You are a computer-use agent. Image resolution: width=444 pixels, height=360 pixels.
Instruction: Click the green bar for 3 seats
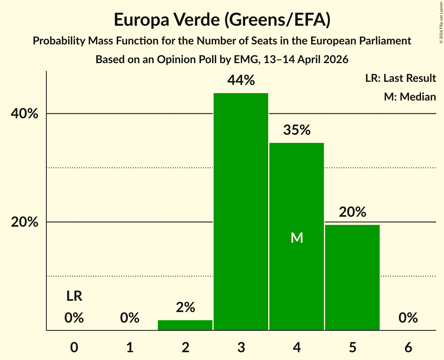[241, 212]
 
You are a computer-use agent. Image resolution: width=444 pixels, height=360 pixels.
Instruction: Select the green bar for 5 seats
[352, 277]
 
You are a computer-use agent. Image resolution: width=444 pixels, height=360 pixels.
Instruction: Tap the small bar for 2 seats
[185, 325]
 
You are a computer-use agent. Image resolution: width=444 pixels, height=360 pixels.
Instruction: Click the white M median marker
[297, 238]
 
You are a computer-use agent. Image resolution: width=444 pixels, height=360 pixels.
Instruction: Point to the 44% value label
[241, 80]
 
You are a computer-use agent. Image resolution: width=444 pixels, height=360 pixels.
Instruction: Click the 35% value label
[297, 130]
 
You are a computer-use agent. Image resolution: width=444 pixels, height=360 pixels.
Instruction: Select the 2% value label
[185, 307]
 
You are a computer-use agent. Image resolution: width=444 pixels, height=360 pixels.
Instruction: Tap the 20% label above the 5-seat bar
[352, 212]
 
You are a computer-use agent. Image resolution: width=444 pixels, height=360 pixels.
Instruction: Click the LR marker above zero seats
[74, 296]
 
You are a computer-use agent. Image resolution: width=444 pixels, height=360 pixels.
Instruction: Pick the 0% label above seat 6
[408, 318]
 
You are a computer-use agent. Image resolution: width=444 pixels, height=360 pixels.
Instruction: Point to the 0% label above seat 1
[130, 318]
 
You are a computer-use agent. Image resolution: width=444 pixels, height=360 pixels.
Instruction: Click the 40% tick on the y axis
[25, 114]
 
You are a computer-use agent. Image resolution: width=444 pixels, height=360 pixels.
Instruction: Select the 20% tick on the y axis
[25, 222]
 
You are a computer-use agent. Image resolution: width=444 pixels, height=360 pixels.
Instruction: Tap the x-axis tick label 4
[297, 348]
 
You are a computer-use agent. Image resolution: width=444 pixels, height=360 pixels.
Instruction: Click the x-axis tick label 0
[74, 348]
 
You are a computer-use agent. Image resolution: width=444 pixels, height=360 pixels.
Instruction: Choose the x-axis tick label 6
[408, 348]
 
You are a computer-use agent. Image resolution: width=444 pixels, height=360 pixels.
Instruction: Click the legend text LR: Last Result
[400, 78]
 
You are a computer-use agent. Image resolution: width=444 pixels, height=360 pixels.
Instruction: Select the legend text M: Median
[410, 97]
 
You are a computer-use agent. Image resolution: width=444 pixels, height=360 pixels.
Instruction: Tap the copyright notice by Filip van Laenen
[441, 22]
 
